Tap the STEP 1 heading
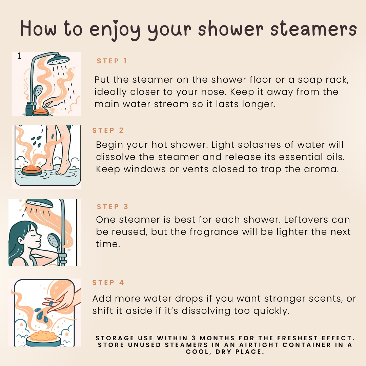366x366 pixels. click(112, 61)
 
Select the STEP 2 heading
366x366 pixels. click(108, 130)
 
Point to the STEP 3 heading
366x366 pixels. click(113, 207)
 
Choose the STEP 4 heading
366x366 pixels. click(108, 282)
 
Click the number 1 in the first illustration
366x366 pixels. click(19, 56)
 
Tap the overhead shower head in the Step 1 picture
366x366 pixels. click(58, 60)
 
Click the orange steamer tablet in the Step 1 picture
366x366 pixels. click(41, 111)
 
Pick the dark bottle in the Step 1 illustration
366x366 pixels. click(29, 109)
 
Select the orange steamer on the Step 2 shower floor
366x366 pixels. click(32, 170)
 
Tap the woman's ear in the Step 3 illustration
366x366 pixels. click(21, 240)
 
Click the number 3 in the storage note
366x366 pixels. click(194, 338)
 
